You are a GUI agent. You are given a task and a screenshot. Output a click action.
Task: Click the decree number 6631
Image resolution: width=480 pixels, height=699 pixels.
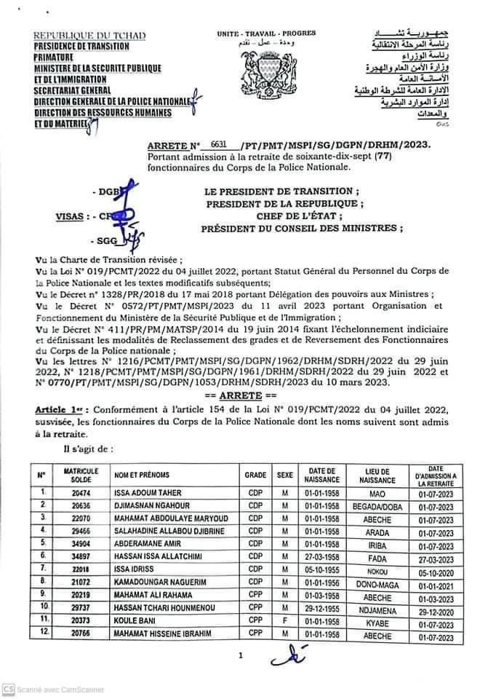click(x=217, y=146)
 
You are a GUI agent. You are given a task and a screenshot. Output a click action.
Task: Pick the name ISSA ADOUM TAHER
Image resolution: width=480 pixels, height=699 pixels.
click(x=145, y=493)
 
